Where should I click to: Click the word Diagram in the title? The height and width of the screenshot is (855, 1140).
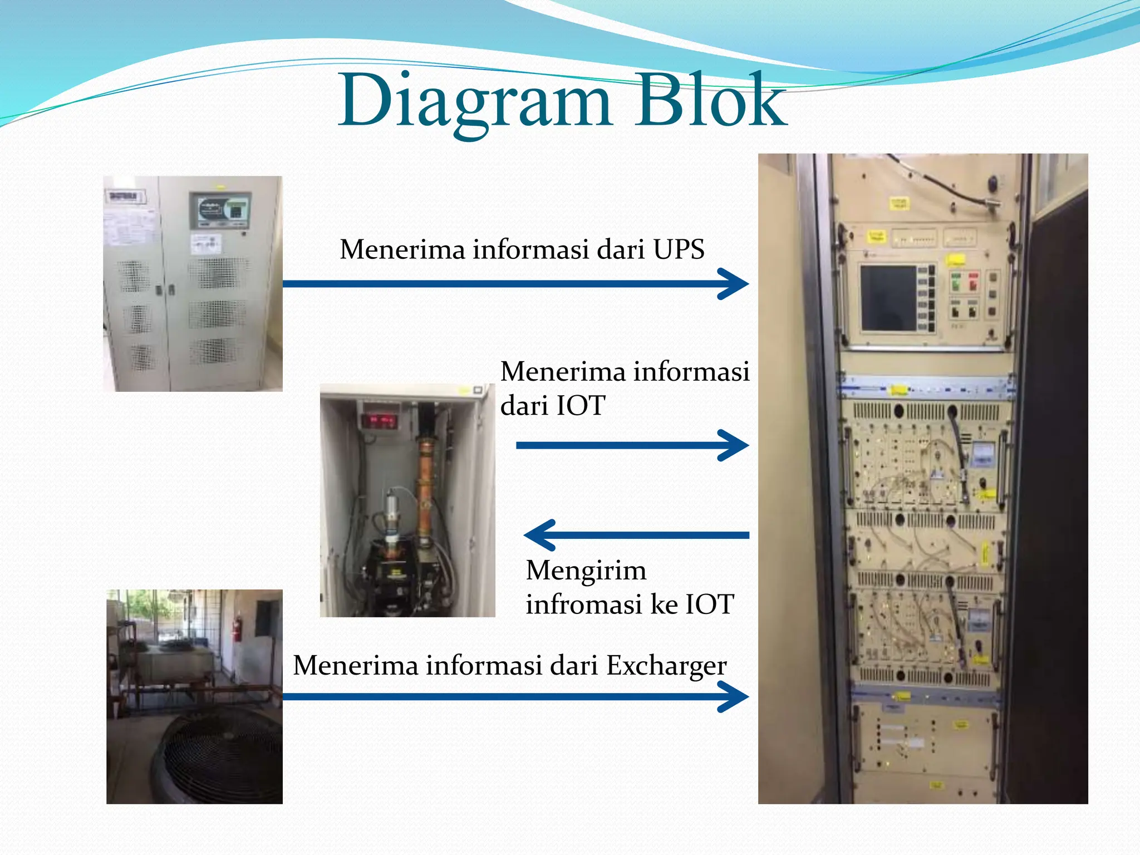point(476,103)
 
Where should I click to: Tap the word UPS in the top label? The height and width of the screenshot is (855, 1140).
point(679,249)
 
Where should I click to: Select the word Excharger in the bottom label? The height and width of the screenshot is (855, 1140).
point(666,665)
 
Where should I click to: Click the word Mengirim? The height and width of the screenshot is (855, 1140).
point(586,570)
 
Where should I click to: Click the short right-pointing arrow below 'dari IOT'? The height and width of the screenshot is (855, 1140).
point(632,445)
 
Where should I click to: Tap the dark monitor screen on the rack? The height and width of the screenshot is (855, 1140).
point(888,298)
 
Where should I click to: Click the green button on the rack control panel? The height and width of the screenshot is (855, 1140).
point(955,282)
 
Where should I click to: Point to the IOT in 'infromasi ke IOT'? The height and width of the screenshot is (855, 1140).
point(709,604)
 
